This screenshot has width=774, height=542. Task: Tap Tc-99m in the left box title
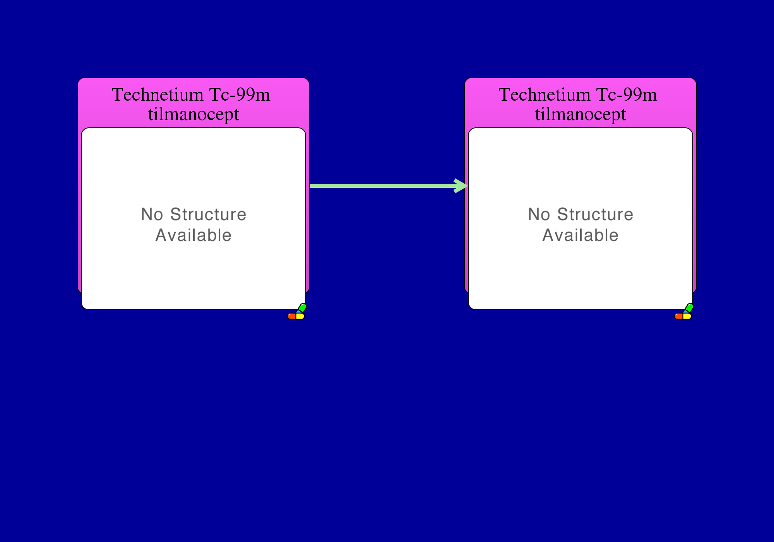[x=240, y=94]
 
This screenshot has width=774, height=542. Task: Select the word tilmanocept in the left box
[x=193, y=115]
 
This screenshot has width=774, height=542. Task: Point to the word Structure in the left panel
[x=208, y=214]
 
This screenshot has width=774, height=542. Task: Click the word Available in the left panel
[x=193, y=235]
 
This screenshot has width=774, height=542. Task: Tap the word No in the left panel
[x=152, y=214]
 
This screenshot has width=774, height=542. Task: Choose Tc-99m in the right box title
[x=627, y=94]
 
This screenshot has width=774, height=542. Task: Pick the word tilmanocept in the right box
[x=580, y=115]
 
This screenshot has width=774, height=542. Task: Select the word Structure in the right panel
[x=595, y=214]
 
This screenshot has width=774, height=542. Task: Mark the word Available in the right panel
[x=580, y=235]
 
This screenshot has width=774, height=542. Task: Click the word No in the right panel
[x=539, y=214]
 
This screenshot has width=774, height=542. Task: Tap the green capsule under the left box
[x=302, y=308]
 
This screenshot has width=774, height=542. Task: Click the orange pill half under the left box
[x=292, y=316]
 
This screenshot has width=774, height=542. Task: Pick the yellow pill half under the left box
[x=300, y=316]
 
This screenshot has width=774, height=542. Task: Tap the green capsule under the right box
[x=689, y=308]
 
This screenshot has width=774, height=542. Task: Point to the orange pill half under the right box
[x=679, y=316]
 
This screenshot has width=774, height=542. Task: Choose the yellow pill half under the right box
[x=687, y=316]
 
